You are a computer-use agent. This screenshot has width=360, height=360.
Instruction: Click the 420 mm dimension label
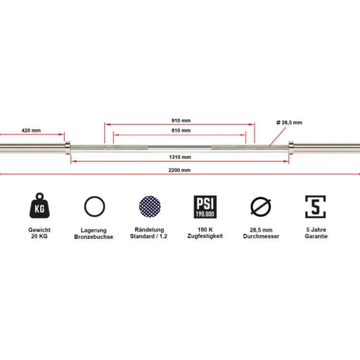tap(31, 130)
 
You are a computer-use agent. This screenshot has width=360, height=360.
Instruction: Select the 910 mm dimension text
tap(181, 121)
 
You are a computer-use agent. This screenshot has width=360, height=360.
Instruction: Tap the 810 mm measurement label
tap(181, 130)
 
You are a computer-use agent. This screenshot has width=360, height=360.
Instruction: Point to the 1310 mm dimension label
tap(180, 157)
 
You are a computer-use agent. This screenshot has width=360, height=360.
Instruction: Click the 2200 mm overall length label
tap(180, 170)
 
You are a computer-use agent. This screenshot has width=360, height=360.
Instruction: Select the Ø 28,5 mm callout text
tap(289, 123)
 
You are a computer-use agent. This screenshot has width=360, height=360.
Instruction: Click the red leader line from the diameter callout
tap(277, 136)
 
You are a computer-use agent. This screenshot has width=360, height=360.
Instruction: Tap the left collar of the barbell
tap(67, 147)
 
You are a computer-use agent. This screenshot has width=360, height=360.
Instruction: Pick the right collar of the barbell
tap(291, 147)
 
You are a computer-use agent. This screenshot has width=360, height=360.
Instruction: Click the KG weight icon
tap(39, 206)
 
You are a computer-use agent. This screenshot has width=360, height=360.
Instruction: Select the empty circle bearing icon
tap(95, 206)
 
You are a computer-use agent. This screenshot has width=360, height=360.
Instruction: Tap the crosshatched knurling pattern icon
tap(150, 206)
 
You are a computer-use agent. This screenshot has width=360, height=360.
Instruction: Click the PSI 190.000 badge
tap(205, 207)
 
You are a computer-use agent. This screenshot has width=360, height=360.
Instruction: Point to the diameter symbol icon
tap(260, 207)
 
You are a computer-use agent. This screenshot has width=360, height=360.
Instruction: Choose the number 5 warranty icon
tap(315, 207)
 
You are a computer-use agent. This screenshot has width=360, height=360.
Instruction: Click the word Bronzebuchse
tap(94, 237)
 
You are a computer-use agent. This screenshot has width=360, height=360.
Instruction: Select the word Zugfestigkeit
tap(205, 236)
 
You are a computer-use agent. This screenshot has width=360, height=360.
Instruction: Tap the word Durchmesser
tap(261, 236)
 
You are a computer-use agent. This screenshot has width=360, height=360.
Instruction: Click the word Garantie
tap(316, 236)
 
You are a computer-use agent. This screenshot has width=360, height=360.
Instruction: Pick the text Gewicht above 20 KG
tap(39, 230)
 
